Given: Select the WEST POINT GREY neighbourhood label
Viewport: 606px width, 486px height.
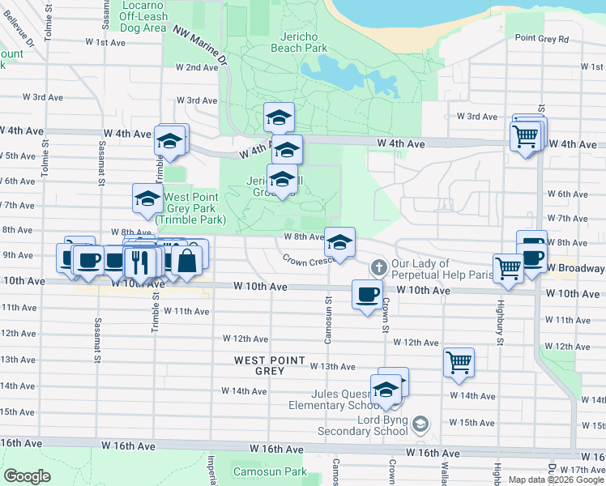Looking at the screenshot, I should pyautogui.click(x=269, y=365).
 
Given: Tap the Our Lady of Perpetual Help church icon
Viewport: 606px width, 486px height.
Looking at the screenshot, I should pyautogui.click(x=378, y=267).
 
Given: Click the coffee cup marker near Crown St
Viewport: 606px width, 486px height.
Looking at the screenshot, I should pyautogui.click(x=367, y=293).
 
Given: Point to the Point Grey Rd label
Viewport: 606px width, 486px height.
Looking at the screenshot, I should pyautogui.click(x=542, y=38).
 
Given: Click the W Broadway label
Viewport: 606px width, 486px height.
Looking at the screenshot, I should pyautogui.click(x=575, y=268).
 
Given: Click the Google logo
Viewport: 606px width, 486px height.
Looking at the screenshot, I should pyautogui.click(x=27, y=476).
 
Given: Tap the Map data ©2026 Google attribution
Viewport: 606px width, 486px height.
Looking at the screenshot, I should pyautogui.click(x=556, y=480).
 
